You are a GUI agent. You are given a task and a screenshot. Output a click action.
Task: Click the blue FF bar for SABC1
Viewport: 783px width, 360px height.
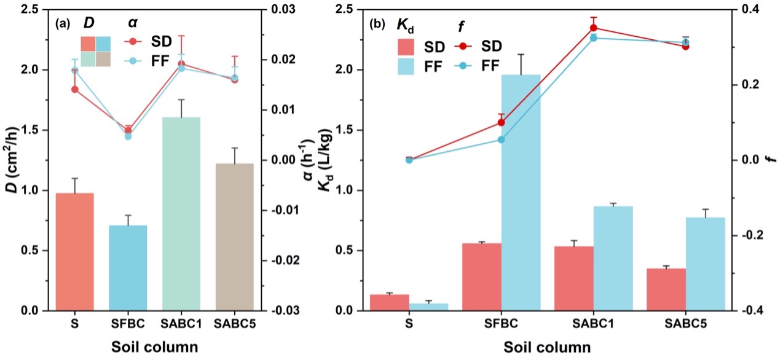pos(613,258)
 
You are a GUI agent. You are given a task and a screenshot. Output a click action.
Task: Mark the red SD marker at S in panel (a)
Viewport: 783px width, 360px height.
pos(75,90)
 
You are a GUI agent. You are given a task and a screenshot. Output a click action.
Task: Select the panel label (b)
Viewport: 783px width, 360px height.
pos(377,25)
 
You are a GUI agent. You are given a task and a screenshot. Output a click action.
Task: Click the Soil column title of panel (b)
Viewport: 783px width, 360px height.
pos(547,346)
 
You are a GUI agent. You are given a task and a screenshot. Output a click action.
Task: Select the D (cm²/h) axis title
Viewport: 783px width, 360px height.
pos(11,160)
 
